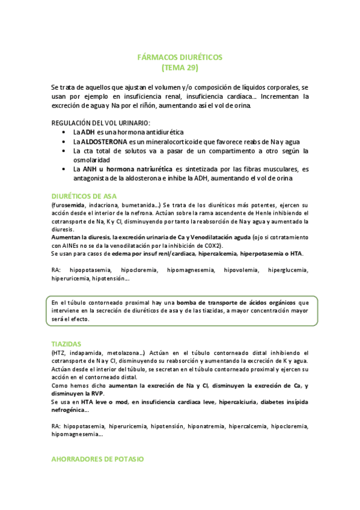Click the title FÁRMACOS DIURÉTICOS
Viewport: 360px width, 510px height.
[180, 57]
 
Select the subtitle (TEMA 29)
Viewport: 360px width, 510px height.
[180, 67]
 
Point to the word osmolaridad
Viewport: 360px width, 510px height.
[91, 160]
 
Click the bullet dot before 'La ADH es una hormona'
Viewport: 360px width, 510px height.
[65, 132]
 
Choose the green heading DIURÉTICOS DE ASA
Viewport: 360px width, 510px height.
[84, 196]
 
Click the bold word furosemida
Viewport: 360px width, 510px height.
[67, 205]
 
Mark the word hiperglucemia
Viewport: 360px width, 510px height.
[288, 271]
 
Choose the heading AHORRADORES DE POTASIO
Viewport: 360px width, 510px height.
[98, 459]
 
